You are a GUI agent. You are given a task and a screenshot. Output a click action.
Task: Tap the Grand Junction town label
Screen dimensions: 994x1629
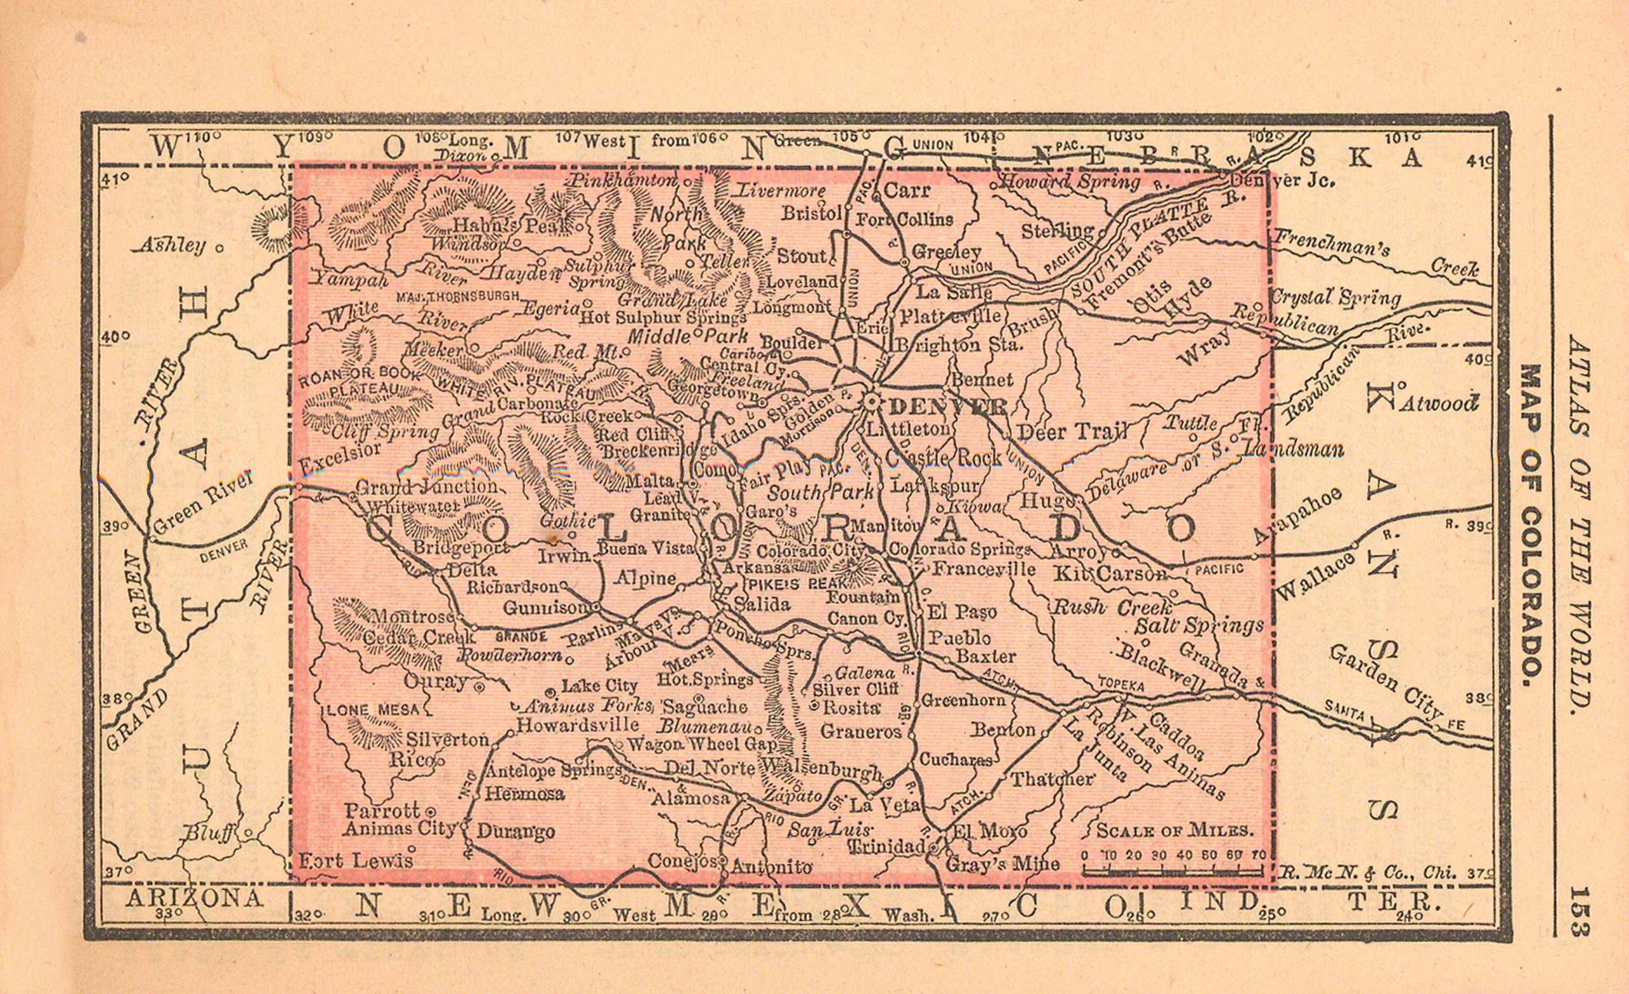click(427, 487)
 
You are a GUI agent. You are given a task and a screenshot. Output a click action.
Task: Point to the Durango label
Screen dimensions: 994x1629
click(515, 831)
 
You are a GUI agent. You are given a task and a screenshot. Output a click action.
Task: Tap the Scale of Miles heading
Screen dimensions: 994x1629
click(1175, 830)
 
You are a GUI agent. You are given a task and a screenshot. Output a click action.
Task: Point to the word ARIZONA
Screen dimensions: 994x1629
click(193, 899)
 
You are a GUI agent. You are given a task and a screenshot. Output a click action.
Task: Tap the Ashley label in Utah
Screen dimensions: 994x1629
click(172, 246)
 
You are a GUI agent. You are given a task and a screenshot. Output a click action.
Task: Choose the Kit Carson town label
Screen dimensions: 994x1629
click(1110, 574)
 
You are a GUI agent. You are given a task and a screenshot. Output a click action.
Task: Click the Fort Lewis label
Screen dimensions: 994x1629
click(356, 860)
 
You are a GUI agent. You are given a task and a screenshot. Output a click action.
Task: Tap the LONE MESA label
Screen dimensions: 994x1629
click(374, 710)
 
